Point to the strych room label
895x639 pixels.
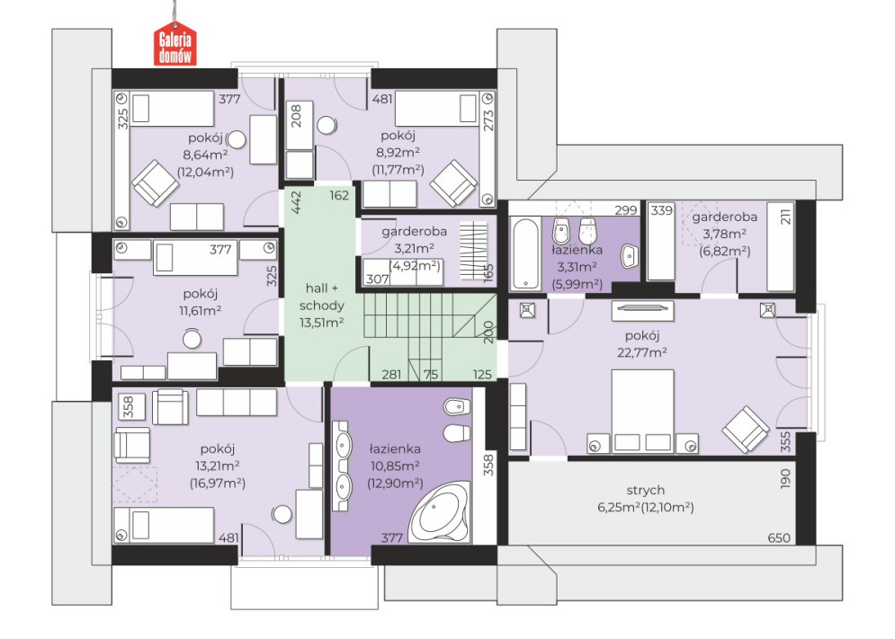pyautogui.click(x=645, y=490)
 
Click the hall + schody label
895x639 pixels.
pyautogui.click(x=321, y=296)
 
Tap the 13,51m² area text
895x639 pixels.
pyautogui.click(x=321, y=323)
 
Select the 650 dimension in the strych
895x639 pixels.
pyautogui.click(x=779, y=537)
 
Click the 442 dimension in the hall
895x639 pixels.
pyautogui.click(x=296, y=202)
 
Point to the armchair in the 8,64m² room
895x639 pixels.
pyautogui.click(x=155, y=182)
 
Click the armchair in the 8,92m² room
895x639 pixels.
pyautogui.click(x=453, y=182)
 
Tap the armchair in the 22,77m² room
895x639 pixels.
pyautogui.click(x=746, y=430)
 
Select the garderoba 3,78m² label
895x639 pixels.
pyautogui.click(x=725, y=217)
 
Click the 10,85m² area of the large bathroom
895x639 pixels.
pyautogui.click(x=394, y=466)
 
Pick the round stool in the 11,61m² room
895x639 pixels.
pyautogui.click(x=192, y=339)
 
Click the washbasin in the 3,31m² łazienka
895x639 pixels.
pyautogui.click(x=630, y=255)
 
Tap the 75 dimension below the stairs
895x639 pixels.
pyautogui.click(x=431, y=374)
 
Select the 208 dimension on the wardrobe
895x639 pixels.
pyautogui.click(x=296, y=117)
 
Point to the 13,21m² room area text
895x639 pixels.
pyautogui.click(x=217, y=466)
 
